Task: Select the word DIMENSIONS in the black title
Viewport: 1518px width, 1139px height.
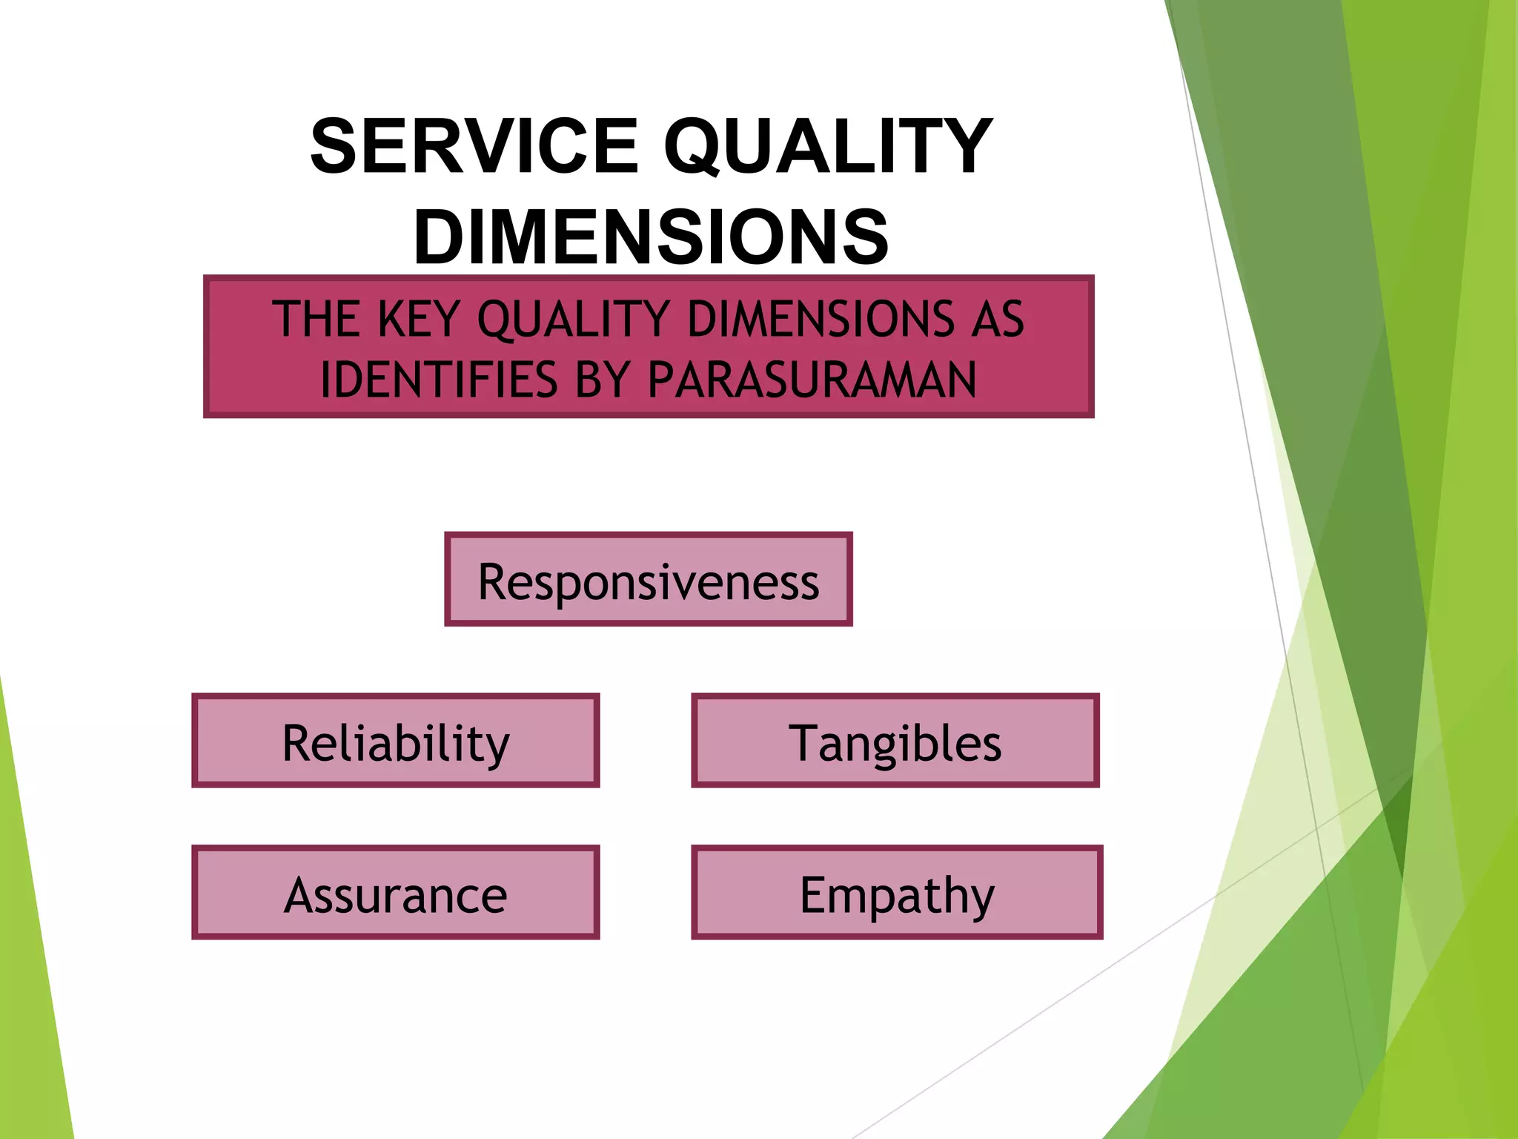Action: point(651,237)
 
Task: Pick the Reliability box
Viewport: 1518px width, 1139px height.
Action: point(396,741)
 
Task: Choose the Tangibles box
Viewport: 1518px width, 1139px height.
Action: point(895,741)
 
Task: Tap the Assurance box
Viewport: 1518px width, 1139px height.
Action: point(396,893)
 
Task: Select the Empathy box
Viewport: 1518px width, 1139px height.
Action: point(897,893)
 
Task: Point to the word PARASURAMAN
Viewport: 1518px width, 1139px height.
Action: point(812,380)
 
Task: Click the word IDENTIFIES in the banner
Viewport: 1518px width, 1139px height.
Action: point(438,380)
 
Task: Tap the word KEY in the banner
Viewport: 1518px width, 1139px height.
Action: point(419,320)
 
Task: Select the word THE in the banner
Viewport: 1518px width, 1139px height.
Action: point(316,320)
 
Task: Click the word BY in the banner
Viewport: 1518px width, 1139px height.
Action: point(600,380)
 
